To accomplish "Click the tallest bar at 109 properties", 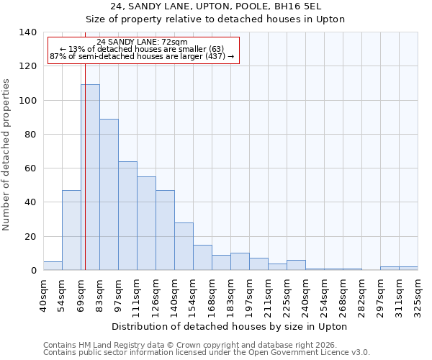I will pos(90,177).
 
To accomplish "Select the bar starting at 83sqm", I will pos(109,194).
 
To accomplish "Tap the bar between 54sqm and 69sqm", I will pos(71,230).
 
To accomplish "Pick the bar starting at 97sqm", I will pos(127,216).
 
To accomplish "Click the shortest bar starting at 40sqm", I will pos(53,266).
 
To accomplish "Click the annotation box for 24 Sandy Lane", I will pos(142,49).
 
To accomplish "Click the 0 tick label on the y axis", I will pos(33,271).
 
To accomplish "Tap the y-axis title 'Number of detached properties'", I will pos(6,155).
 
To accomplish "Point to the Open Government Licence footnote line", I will pos(207,353).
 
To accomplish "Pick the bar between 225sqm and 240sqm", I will pos(296,265).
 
